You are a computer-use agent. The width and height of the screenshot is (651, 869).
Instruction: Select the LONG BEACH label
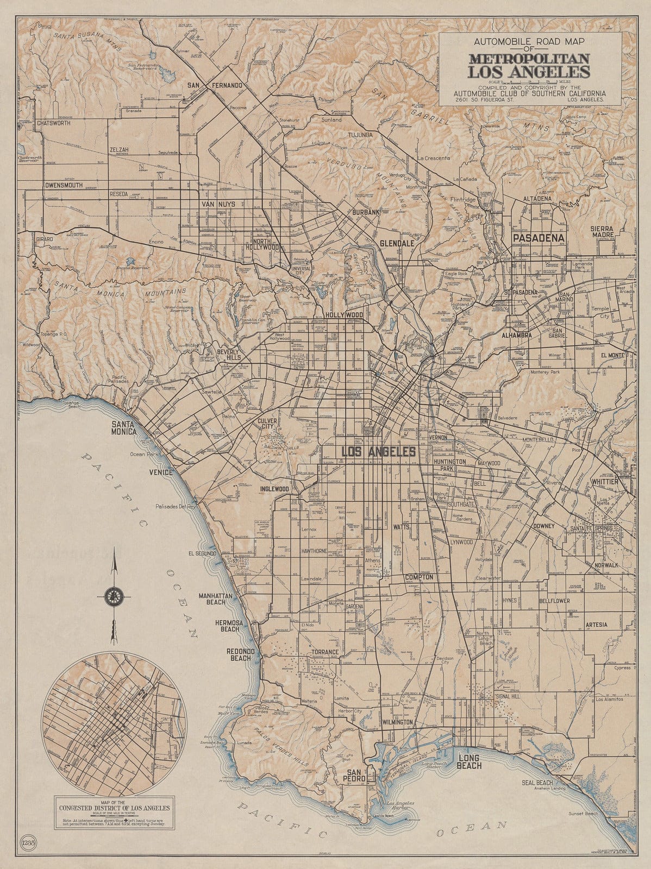[470, 761]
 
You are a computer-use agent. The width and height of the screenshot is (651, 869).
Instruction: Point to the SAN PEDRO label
[358, 777]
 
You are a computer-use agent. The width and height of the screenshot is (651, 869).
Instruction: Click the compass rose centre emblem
[115, 596]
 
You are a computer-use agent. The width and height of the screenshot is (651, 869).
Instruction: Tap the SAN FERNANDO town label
[215, 85]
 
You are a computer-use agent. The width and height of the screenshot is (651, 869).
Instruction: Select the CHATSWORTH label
[54, 123]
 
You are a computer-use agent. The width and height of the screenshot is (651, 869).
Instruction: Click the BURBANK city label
[365, 212]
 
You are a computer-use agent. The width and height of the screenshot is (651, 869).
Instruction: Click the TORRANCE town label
[325, 652]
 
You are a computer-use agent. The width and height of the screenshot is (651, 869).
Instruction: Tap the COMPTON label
[418, 577]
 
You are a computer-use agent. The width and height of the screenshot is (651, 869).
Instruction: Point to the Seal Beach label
[537, 783]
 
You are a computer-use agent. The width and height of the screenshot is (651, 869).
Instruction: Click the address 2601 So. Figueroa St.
[487, 100]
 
